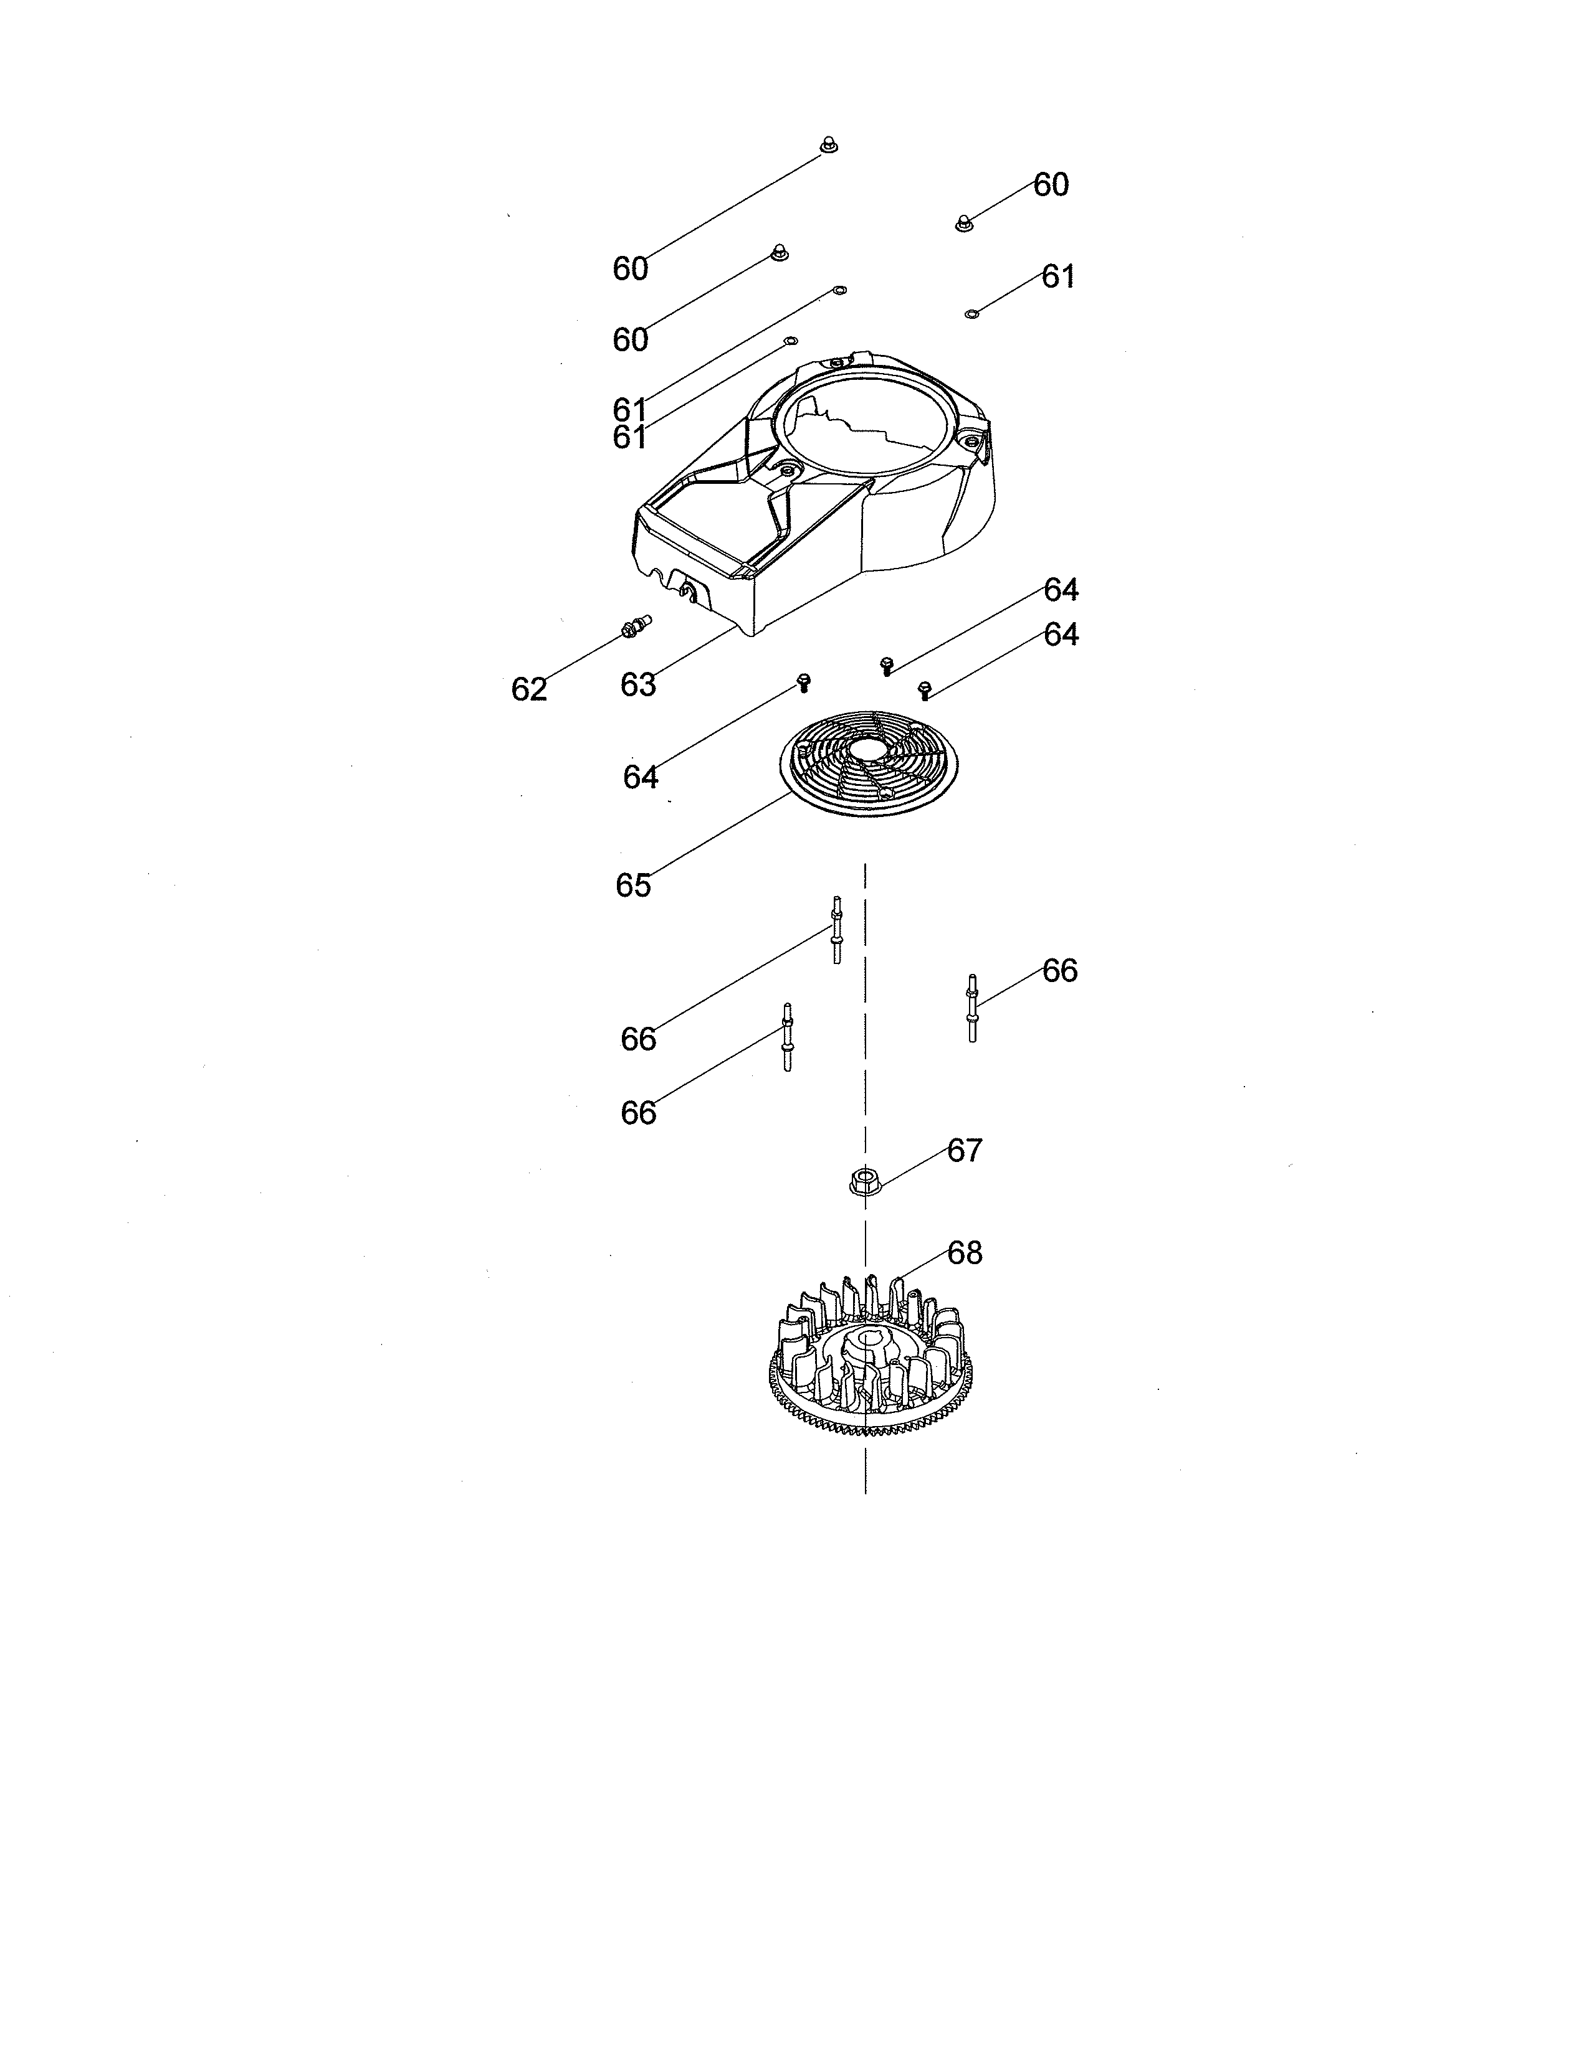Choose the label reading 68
pyautogui.click(x=964, y=1254)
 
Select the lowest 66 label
pyautogui.click(x=637, y=1114)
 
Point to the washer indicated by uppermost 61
pyautogui.click(x=973, y=313)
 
